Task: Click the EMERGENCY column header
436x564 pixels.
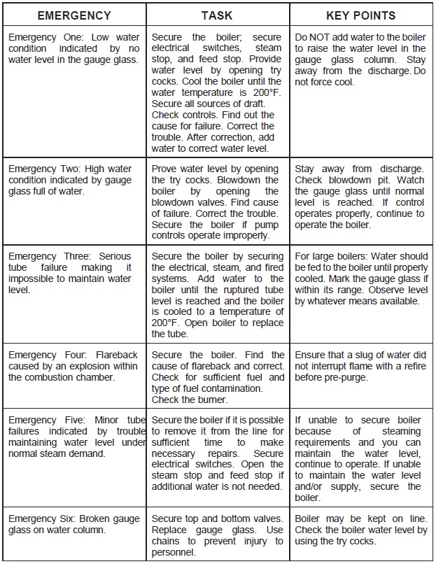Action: pyautogui.click(x=74, y=15)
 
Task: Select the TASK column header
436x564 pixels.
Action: pyautogui.click(x=217, y=15)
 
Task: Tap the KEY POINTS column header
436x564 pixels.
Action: pyautogui.click(x=360, y=15)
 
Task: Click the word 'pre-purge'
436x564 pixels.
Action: pyautogui.click(x=348, y=377)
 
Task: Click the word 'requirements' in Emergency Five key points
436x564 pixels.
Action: pyautogui.click(x=325, y=442)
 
